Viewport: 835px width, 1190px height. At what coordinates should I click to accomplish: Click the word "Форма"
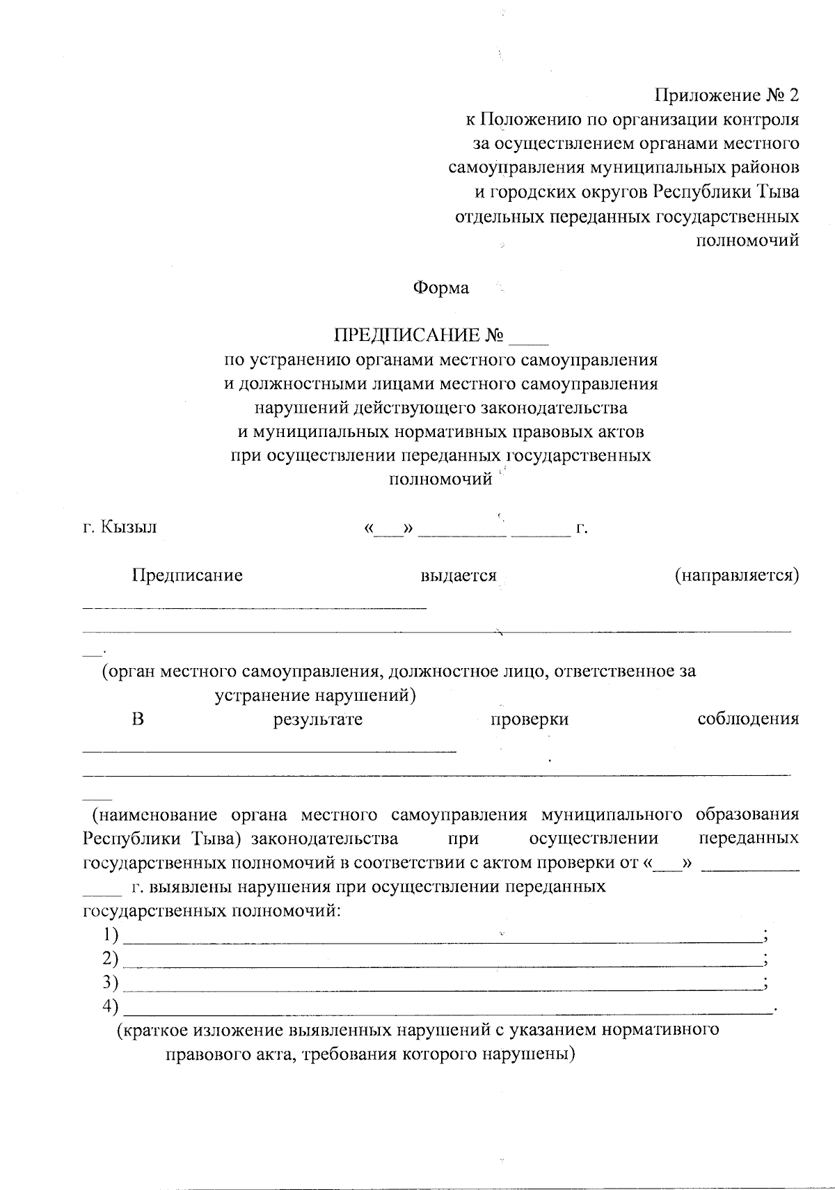441,287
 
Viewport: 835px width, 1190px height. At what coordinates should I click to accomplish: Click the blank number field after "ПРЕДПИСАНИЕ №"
530,338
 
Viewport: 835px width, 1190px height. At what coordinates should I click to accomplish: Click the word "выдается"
459,576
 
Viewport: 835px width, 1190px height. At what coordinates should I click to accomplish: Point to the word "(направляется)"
736,576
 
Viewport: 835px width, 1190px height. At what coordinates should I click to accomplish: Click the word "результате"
318,719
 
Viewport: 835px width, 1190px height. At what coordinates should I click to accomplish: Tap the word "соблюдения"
748,719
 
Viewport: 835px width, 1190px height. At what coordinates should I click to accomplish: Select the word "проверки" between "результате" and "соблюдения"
530,719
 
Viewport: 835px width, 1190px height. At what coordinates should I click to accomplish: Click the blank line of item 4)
445,1009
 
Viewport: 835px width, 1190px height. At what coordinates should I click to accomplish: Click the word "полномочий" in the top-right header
747,240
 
